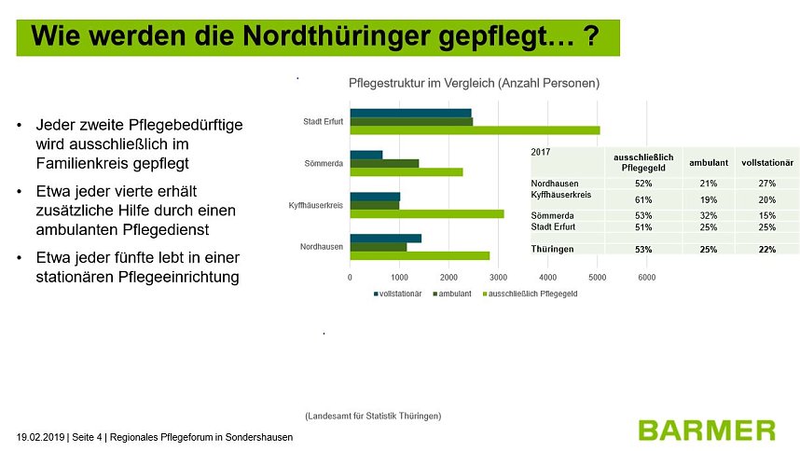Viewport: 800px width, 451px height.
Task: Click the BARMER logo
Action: tap(706, 430)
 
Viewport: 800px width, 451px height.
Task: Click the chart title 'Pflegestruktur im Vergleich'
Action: tap(473, 83)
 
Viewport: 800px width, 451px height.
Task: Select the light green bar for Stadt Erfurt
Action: tap(475, 130)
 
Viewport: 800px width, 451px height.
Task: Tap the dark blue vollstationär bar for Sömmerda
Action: tap(366, 155)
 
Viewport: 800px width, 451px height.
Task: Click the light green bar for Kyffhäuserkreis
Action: tap(426, 214)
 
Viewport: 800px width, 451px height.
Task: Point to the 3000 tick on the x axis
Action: tap(498, 277)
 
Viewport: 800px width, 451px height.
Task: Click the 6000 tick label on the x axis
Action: tap(646, 277)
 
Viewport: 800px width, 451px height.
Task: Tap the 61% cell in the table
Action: tap(642, 199)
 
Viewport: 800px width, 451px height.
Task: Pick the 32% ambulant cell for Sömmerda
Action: tap(708, 215)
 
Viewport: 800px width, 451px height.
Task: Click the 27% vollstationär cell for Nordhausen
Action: tap(766, 184)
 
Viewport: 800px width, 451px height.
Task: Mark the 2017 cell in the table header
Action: tap(541, 152)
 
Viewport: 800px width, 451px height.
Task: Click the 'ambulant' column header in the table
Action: tap(708, 162)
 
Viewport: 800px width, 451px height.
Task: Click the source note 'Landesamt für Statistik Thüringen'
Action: tap(373, 415)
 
